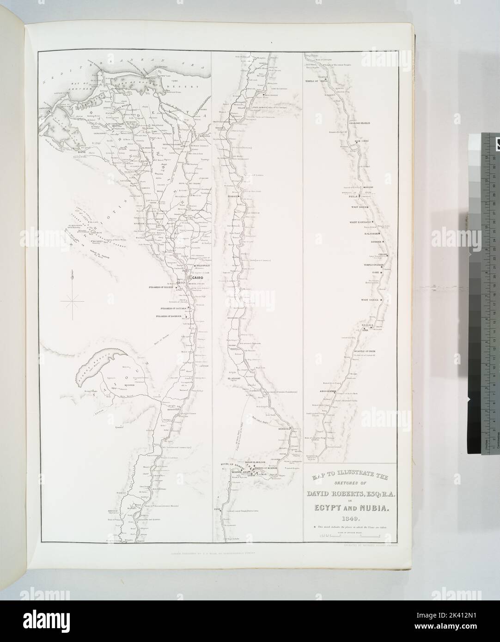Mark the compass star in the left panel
tap(72, 303)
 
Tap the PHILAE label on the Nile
tap(354, 196)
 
